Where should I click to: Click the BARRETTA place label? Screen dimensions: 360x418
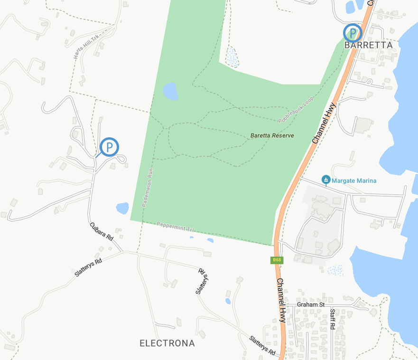pyautogui.click(x=369, y=45)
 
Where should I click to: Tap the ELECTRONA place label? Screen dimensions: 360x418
pyautogui.click(x=167, y=343)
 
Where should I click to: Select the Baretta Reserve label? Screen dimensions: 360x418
pyautogui.click(x=272, y=135)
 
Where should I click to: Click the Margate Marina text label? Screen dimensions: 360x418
pyautogui.click(x=354, y=180)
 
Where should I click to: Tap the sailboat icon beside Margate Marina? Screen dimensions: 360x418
pyautogui.click(x=326, y=180)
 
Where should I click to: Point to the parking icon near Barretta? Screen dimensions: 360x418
pyautogui.click(x=352, y=33)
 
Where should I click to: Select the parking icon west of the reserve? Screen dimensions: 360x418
pyautogui.click(x=110, y=147)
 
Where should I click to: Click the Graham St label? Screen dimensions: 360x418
pyautogui.click(x=310, y=304)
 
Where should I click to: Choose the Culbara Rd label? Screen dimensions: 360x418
pyautogui.click(x=102, y=231)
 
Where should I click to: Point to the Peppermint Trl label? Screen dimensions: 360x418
pyautogui.click(x=176, y=227)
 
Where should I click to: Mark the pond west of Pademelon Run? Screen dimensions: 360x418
pyautogui.click(x=122, y=208)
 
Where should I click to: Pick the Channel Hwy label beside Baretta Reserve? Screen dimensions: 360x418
pyautogui.click(x=324, y=123)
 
